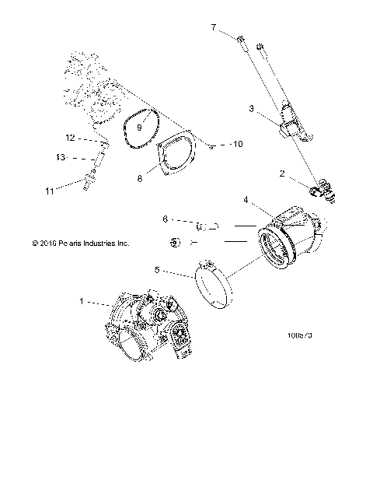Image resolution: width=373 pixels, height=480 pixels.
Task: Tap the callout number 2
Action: coord(283,174)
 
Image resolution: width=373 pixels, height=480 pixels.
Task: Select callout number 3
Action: coord(250,110)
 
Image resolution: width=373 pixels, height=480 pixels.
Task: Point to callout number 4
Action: coord(246,200)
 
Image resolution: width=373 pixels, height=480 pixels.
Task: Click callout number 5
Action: coord(158,271)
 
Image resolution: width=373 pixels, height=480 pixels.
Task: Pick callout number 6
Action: coord(165,220)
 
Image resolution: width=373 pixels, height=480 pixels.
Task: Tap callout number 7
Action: coord(214,27)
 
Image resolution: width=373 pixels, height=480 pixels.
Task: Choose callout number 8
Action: coord(140,178)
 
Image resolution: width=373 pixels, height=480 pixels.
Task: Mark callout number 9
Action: coord(140,126)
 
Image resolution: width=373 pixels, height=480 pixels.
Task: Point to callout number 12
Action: coord(70,138)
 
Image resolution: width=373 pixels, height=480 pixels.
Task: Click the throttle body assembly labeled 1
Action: coord(148,327)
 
